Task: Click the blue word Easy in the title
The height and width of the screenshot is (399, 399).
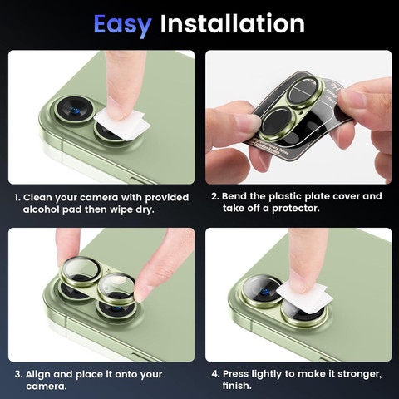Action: click(122, 25)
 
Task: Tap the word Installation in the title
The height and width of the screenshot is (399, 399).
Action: click(233, 24)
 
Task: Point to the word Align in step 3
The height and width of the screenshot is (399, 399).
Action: click(37, 374)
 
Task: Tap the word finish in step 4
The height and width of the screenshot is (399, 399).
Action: click(236, 386)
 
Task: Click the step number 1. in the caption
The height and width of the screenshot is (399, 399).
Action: click(17, 198)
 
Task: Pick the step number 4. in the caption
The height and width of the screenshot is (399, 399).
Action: click(215, 374)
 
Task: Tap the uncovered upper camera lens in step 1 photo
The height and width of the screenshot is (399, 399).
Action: click(75, 111)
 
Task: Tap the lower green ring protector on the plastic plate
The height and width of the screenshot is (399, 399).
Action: click(277, 124)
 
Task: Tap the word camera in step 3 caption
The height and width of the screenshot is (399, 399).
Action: click(47, 387)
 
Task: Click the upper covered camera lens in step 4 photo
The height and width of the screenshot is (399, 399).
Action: click(262, 291)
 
